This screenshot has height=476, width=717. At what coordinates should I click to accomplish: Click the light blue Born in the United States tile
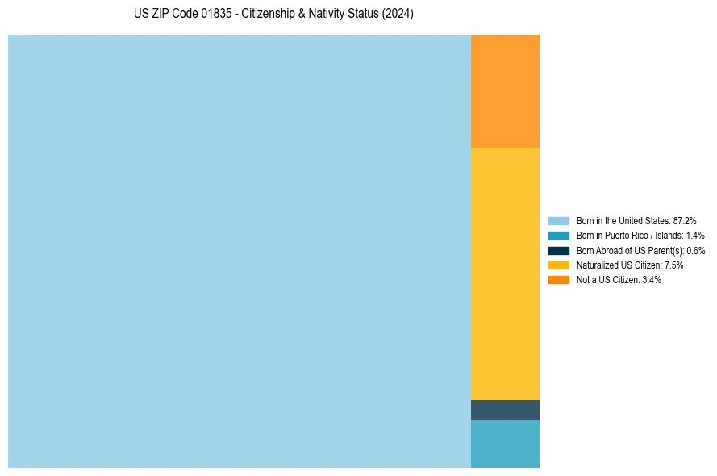pyautogui.click(x=240, y=251)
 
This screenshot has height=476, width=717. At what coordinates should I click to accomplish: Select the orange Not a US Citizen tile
pyautogui.click(x=505, y=90)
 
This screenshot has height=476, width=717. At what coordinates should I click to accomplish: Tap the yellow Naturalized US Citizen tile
pyautogui.click(x=505, y=273)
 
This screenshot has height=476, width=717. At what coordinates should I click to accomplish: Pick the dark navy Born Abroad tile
pyautogui.click(x=505, y=410)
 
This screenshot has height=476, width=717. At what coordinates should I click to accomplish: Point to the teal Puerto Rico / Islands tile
pyautogui.click(x=505, y=444)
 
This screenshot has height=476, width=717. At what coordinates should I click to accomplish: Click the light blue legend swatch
pyautogui.click(x=559, y=220)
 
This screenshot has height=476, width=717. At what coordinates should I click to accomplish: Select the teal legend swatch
pyautogui.click(x=559, y=236)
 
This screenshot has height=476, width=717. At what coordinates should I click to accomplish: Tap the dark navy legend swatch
pyautogui.click(x=559, y=250)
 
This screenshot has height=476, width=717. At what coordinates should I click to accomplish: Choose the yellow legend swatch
pyautogui.click(x=559, y=265)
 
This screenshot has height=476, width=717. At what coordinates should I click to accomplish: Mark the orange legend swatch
pyautogui.click(x=559, y=280)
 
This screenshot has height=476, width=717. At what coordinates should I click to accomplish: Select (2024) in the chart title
pyautogui.click(x=397, y=15)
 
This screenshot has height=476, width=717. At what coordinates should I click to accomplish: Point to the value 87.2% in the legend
pyautogui.click(x=685, y=220)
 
